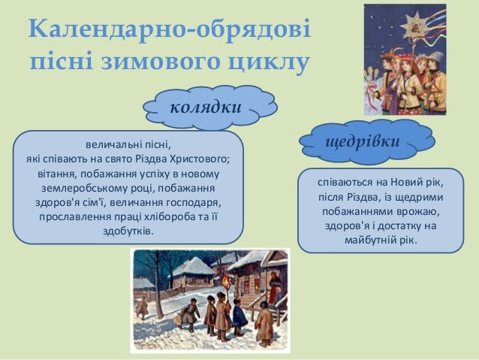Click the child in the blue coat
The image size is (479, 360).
coord(239,316)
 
